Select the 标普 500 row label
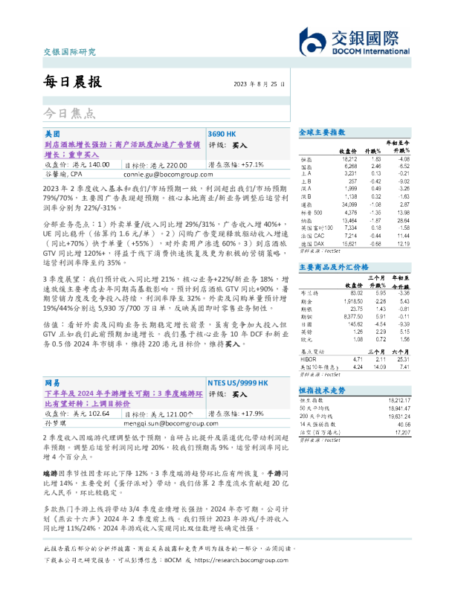pos(311,192)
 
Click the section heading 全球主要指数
pos(322,132)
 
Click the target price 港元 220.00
pos(167,164)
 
